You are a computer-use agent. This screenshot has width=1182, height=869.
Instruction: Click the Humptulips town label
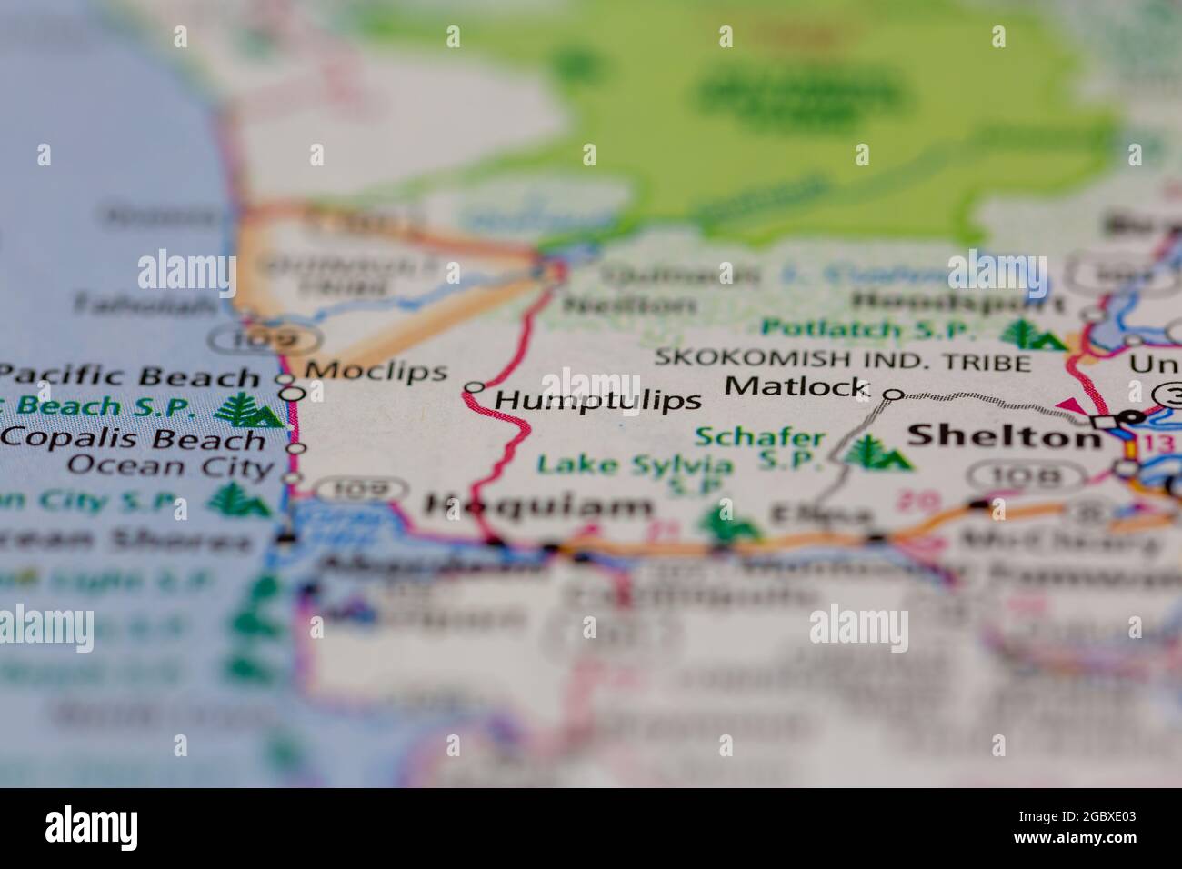point(599,400)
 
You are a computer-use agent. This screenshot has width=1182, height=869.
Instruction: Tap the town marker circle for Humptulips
point(473,387)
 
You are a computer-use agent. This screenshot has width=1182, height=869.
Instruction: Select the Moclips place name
point(376,371)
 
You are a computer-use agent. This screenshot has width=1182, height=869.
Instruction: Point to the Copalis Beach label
point(133,439)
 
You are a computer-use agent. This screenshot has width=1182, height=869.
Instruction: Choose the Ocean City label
point(171,467)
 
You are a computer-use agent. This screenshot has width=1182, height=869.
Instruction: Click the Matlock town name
point(796,385)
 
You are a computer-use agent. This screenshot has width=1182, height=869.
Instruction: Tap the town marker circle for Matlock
point(894,394)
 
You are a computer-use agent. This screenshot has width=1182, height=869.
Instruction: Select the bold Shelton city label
point(1005,437)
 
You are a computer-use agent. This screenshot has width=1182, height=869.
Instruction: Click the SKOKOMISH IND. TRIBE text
point(843,362)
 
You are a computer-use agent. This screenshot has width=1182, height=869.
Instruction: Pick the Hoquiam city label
point(537,507)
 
